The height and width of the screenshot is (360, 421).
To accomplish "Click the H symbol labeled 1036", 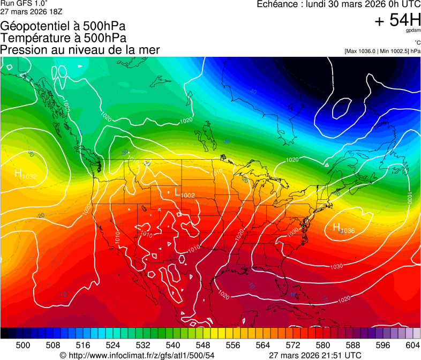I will click(x=336, y=228).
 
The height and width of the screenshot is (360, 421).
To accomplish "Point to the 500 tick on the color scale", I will click(x=23, y=345).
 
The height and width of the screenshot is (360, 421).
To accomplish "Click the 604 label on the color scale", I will click(x=413, y=345).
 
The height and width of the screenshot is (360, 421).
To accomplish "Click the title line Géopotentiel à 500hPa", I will click(x=63, y=26).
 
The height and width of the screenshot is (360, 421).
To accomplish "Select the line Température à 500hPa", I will click(x=63, y=38).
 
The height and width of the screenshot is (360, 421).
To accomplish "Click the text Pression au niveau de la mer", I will click(x=80, y=50).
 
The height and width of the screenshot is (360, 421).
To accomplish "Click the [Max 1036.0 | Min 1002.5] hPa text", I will click(x=382, y=51).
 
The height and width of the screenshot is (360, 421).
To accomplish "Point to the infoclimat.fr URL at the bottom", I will click(x=137, y=355).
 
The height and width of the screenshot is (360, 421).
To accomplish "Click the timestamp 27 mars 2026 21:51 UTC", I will click(x=314, y=355).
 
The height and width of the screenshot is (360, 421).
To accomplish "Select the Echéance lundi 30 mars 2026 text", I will click(x=339, y=4).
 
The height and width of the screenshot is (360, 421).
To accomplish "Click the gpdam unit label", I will click(x=413, y=31).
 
